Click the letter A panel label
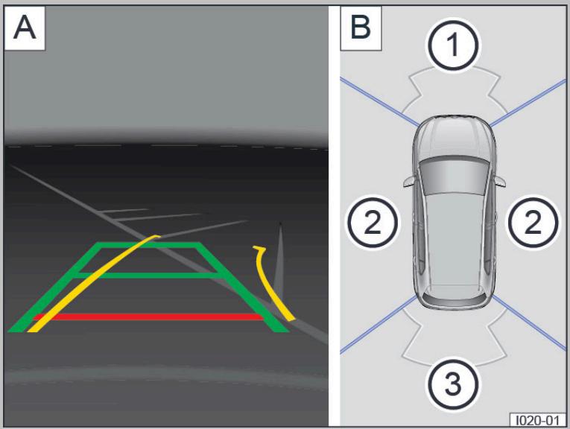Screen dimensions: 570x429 (x=25, y=28)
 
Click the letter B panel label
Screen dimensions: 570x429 (x=361, y=28)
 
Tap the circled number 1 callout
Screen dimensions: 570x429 (x=452, y=45)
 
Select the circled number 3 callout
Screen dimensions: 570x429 (x=452, y=384)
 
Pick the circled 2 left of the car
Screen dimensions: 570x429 (x=373, y=222)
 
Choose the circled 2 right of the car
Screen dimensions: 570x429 (x=533, y=222)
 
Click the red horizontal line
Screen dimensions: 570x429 (x=148, y=317)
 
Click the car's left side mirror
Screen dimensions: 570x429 (x=408, y=180)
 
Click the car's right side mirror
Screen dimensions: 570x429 (x=500, y=180)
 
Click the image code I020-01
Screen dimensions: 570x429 (x=538, y=420)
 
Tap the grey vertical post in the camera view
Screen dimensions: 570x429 (x=279, y=261)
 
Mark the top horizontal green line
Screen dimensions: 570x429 (x=149, y=245)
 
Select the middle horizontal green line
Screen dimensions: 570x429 (x=148, y=276)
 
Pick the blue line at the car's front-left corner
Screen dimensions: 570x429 (x=379, y=102)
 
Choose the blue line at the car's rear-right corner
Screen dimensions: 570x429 (x=529, y=323)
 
